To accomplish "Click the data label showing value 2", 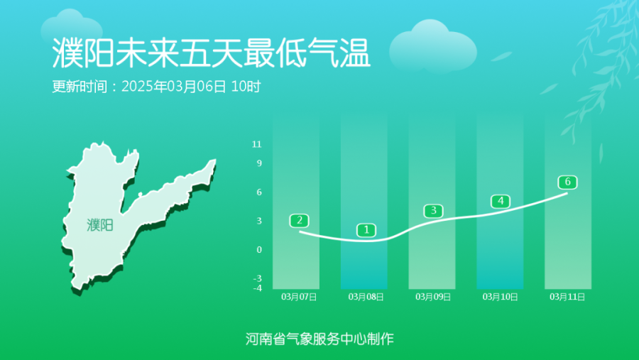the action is point(299,221).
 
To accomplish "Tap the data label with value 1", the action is point(366,230).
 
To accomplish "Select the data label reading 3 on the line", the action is point(434,211).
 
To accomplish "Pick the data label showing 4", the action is point(501,201).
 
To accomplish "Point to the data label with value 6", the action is point(568,182).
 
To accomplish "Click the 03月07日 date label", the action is point(299,297).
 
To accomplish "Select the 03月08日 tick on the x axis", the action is point(366,297).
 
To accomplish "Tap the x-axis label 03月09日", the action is point(433,297).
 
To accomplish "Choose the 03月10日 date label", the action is point(500,297).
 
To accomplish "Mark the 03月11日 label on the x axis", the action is point(567,297).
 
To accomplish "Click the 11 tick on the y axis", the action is point(257,144).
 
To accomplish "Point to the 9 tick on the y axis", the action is point(259,163).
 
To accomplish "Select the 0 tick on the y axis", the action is point(259,249).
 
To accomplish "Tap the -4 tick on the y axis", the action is point(258,288).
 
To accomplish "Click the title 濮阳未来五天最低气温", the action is point(211,53).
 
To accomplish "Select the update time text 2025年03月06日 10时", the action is point(191,87).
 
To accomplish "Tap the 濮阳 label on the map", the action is point(100,225).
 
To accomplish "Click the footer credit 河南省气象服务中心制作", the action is point(319,339).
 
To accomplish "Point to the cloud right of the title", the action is point(433,45).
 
